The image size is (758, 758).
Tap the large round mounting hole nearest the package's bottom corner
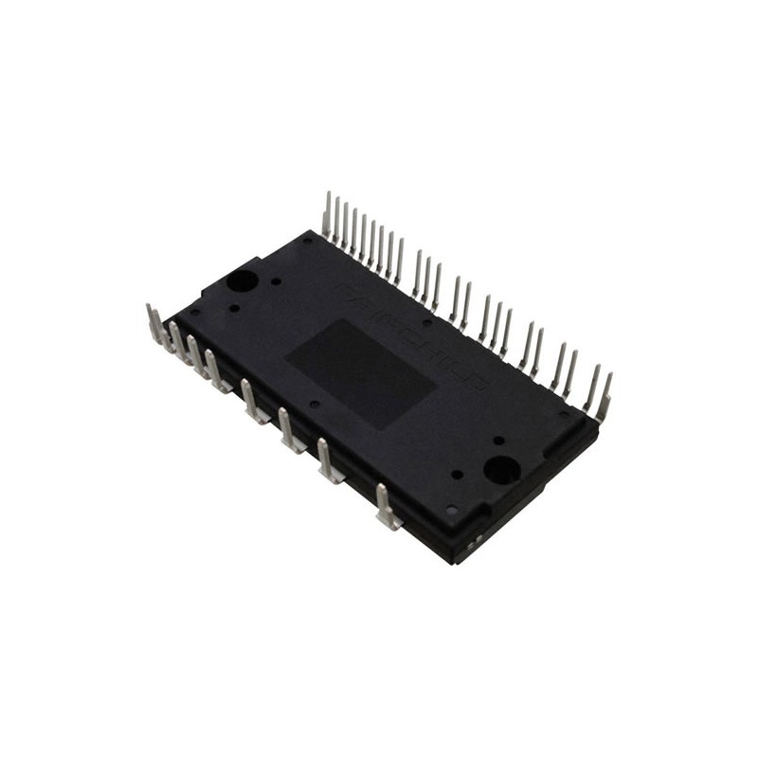pos(499,468)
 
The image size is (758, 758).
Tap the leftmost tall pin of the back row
pos(327,214)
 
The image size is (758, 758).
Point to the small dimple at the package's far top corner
pos(307,241)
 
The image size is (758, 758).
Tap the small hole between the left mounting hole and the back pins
pos(276,280)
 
